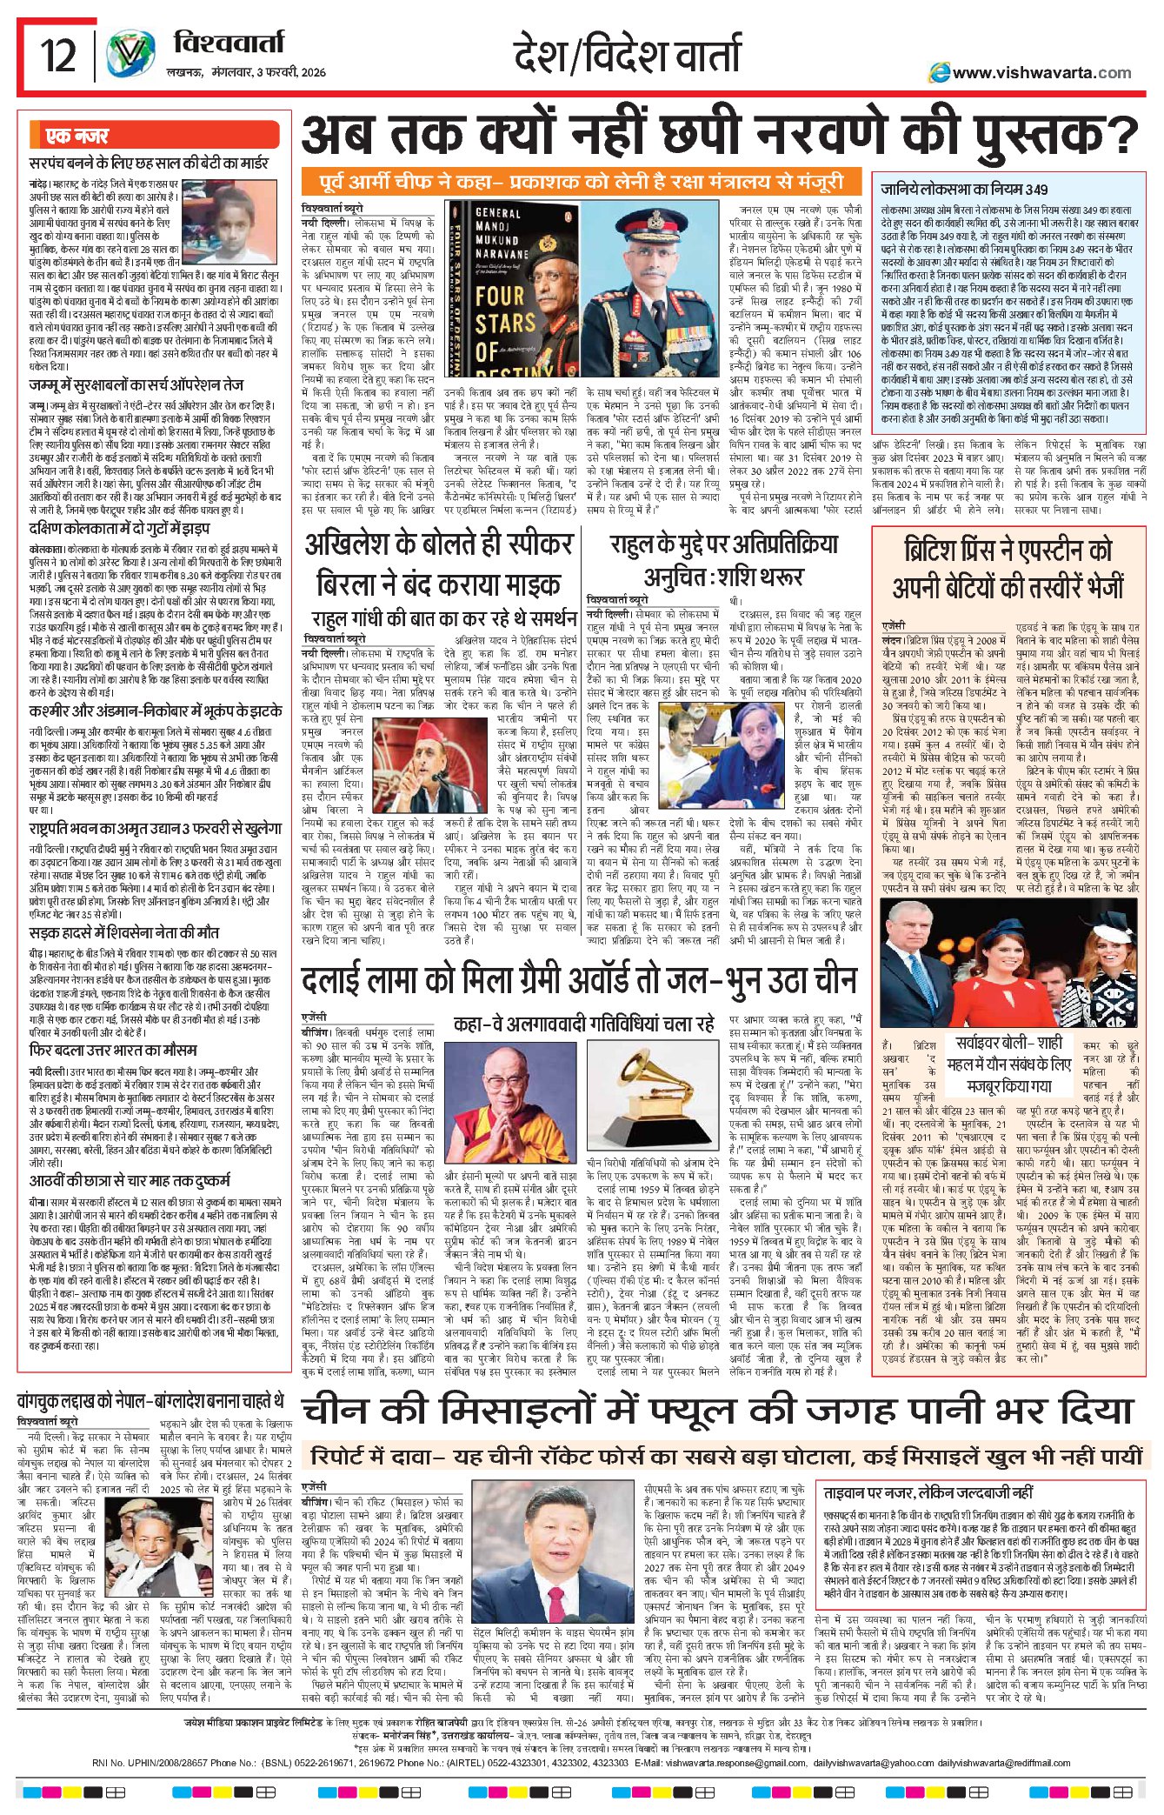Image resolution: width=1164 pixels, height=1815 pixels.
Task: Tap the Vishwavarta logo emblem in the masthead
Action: coord(130,55)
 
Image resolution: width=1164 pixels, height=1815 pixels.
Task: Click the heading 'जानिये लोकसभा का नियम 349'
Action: coord(964,189)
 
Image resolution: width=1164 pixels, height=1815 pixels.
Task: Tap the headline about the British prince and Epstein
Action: coord(1008,568)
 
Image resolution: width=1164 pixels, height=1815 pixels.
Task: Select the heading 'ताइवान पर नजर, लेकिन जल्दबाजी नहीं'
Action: coord(928,1492)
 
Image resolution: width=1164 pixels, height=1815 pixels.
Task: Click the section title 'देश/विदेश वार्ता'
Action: coord(627,54)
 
